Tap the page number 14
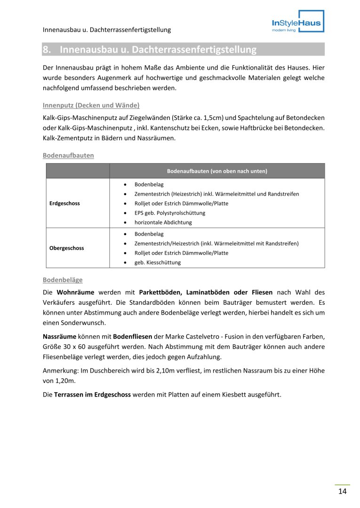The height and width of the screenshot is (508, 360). click(x=342, y=492)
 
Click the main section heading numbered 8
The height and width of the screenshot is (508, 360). click(x=150, y=49)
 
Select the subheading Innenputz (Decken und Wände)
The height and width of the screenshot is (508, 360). click(x=91, y=105)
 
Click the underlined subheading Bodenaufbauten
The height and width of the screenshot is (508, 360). click(x=68, y=155)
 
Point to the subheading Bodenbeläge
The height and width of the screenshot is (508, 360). click(x=63, y=280)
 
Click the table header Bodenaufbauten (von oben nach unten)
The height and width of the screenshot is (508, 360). click(x=217, y=171)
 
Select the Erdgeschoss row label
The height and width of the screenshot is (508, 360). click(x=64, y=203)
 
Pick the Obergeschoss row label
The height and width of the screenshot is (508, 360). click(x=66, y=248)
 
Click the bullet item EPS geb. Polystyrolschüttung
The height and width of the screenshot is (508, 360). click(x=169, y=213)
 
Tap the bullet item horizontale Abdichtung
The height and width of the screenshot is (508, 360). click(x=163, y=222)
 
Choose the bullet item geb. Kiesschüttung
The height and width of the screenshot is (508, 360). click(x=157, y=262)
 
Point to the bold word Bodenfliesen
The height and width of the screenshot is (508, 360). click(x=132, y=337)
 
